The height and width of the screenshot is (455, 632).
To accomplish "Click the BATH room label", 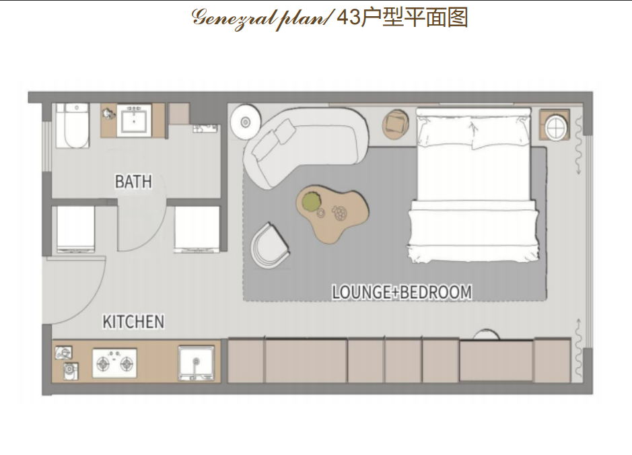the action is pyautogui.click(x=133, y=181).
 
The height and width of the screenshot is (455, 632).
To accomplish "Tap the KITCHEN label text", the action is pyautogui.click(x=133, y=322).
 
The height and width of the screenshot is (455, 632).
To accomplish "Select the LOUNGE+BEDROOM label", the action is pyautogui.click(x=401, y=292).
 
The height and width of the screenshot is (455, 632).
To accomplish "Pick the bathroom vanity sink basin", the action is pyautogui.click(x=134, y=120).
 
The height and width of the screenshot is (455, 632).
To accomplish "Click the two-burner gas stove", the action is pyautogui.click(x=115, y=363).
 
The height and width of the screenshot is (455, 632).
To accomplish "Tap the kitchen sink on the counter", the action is pyautogui.click(x=197, y=363).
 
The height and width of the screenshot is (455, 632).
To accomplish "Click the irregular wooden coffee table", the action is pyautogui.click(x=332, y=213).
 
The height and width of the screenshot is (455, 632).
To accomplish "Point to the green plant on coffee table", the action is pyautogui.click(x=311, y=201).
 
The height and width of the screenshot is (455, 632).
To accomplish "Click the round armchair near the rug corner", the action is pyautogui.click(x=269, y=246).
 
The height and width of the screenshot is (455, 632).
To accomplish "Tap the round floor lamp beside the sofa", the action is pyautogui.click(x=246, y=122).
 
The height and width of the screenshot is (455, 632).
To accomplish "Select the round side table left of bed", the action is pyautogui.click(x=395, y=124).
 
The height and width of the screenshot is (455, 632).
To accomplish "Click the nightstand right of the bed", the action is pyautogui.click(x=555, y=125).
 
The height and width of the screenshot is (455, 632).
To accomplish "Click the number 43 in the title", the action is pyautogui.click(x=349, y=17).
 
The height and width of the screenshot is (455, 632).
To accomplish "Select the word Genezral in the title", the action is pyautogui.click(x=233, y=17).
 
